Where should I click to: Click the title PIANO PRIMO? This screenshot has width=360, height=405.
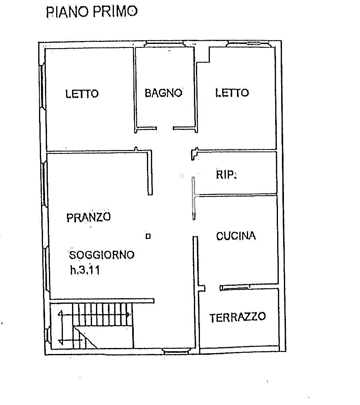(x=92, y=12)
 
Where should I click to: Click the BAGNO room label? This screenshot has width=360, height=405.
(x=163, y=93)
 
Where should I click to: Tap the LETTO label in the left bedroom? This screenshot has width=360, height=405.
(x=82, y=94)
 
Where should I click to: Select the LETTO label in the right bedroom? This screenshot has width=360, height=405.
(x=232, y=93)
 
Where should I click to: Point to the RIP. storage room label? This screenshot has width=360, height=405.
(x=226, y=175)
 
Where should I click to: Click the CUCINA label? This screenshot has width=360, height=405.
(x=236, y=236)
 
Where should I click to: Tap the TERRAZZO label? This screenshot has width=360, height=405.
(x=237, y=317)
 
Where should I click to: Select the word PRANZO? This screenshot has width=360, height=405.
(x=88, y=217)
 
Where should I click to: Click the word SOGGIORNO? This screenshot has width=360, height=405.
(x=102, y=255)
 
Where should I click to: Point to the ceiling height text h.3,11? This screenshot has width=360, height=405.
(x=85, y=270)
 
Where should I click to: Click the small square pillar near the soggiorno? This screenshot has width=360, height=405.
(x=148, y=236)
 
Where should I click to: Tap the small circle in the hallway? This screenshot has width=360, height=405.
(x=182, y=176)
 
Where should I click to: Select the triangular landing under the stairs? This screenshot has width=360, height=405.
(x=82, y=336)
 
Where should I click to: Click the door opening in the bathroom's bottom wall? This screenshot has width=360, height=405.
(x=164, y=128)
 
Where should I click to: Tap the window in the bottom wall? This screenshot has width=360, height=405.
(x=177, y=351)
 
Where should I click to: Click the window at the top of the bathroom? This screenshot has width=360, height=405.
(x=164, y=43)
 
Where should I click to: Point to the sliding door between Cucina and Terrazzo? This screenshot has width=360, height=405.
(x=235, y=288)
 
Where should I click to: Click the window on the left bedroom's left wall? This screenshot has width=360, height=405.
(x=42, y=86)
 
